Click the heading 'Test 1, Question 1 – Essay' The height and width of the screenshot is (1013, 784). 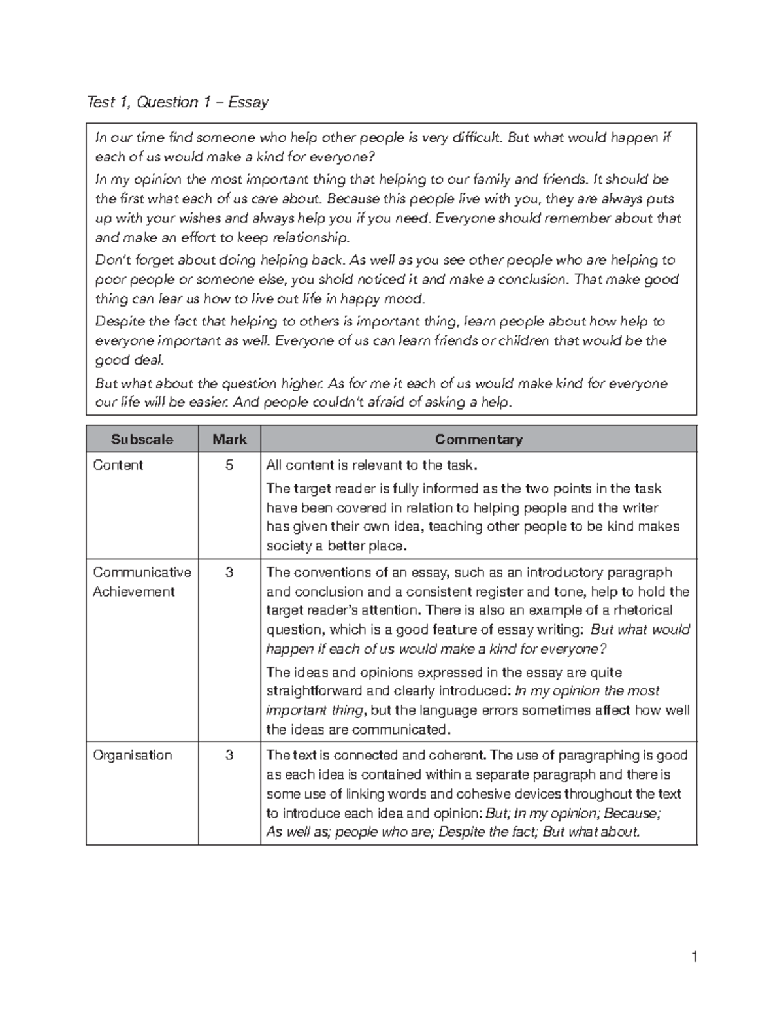click(178, 102)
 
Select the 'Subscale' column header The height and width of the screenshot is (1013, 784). click(142, 439)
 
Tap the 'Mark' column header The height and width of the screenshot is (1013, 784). click(229, 439)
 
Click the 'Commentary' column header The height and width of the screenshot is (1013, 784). click(478, 439)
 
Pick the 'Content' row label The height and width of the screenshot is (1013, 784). click(118, 465)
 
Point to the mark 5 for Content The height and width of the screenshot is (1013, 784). click(229, 465)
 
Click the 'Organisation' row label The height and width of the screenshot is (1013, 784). click(132, 756)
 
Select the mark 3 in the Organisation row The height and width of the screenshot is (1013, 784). click(229, 756)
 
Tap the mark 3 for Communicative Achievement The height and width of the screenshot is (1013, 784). click(229, 573)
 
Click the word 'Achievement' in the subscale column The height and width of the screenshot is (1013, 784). click(133, 592)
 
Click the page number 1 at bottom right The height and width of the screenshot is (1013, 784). click(695, 958)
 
